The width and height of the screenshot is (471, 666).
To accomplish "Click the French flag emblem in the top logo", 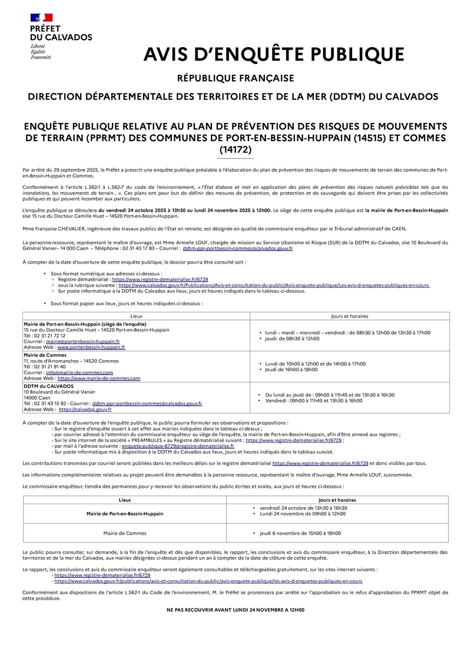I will tap(41, 17).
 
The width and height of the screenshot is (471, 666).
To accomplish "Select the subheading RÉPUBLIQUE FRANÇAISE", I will tap(235, 78).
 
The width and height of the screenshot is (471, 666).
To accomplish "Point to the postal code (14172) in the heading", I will tap(235, 149).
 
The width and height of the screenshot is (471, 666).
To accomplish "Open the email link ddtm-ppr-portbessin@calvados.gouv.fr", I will tap(238, 249).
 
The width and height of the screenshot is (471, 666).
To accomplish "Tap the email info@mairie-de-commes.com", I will tap(79, 372).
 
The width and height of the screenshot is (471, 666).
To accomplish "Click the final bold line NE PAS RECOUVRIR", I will tap(235, 610).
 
